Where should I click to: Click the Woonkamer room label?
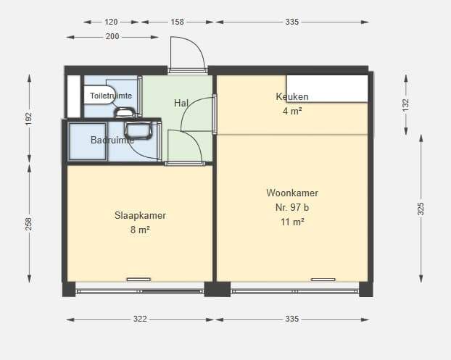tap(292, 193)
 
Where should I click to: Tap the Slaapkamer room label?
tap(140, 215)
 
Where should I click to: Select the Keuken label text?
tap(292, 96)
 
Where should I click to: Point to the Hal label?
tap(181, 103)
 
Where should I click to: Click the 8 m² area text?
tap(140, 230)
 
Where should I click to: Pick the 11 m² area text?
tap(292, 222)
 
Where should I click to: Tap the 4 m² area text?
tap(292, 111)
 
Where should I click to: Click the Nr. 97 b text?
tap(292, 207)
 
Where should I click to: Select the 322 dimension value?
tap(140, 319)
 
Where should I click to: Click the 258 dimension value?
tap(29, 224)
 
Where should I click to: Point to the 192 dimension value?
tap(29, 119)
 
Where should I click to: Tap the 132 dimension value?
tap(405, 106)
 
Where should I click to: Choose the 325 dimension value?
tap(421, 209)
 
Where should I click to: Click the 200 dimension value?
tap(112, 36)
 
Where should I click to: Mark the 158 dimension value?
tap(177, 22)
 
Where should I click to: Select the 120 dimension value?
tap(111, 22)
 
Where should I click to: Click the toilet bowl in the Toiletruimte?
tap(99, 95)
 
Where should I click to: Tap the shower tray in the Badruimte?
tap(88, 141)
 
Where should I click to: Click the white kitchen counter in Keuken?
tap(327, 88)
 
